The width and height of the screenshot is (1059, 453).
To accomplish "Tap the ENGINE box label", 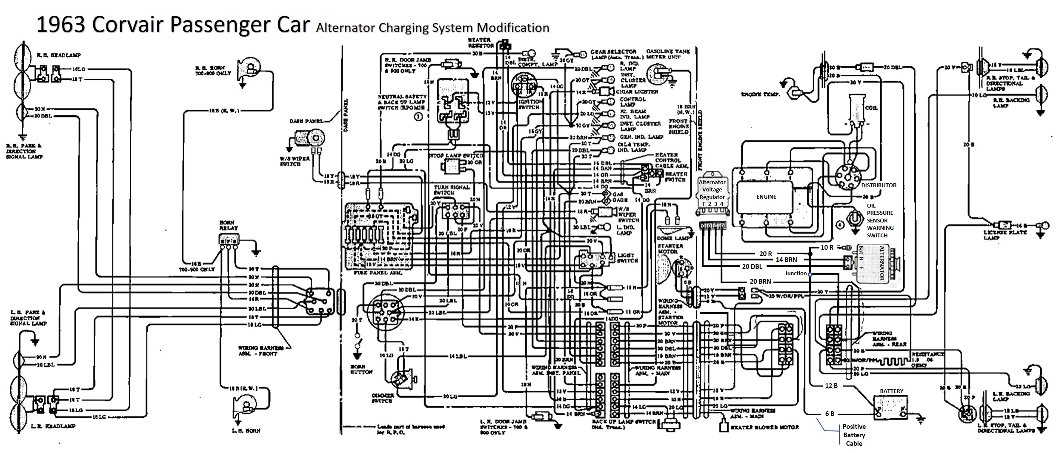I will pos(766,197).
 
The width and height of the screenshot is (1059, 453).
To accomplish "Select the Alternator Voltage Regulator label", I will pos(712,190).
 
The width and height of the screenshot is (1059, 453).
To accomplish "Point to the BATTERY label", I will pos(891,391).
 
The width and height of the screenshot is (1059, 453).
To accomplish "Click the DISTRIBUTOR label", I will pos(879,185).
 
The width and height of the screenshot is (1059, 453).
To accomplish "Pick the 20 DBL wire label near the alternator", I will pos(752,267).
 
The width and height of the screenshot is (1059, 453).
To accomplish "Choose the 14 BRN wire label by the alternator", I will pos(786,259).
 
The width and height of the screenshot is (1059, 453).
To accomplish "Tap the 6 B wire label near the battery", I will pos(830,413).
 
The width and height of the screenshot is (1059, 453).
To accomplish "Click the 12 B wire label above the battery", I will pos(831,386).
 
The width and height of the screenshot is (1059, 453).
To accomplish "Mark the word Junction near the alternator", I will pos(796,274).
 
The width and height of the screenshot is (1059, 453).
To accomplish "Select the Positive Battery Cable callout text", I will pos(854,435).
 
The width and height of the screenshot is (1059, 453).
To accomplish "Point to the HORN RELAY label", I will pos(229,225).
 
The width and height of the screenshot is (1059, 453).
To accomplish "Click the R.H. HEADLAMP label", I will pos(65,55).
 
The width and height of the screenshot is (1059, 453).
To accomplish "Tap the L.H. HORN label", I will pos(247,430).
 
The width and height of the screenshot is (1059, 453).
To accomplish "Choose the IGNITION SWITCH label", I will pos(530,104).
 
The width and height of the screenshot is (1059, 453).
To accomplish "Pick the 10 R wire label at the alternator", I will pos(827,247).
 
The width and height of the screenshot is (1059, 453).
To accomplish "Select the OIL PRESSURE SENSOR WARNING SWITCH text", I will pos(880,220).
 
